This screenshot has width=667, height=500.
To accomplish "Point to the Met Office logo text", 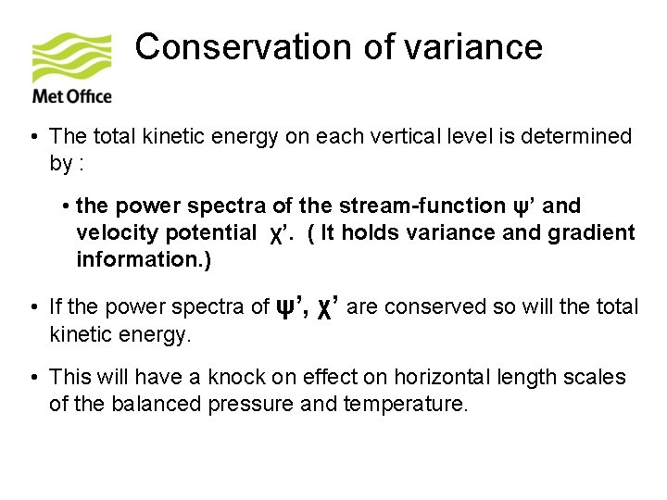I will tap(71, 95).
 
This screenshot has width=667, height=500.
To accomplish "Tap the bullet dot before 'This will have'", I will tap(32, 378).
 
